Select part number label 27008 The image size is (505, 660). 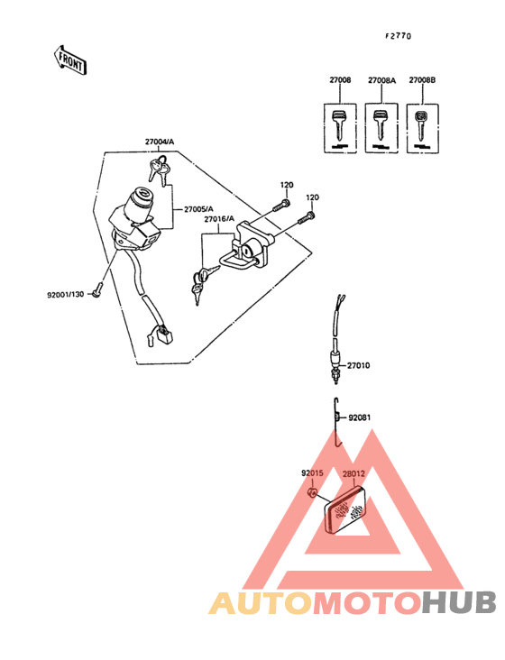[339, 81]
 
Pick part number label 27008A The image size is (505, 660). [381, 81]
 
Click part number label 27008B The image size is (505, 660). [422, 81]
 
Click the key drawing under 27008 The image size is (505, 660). [339, 126]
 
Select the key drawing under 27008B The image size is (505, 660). [421, 126]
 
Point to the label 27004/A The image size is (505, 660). [161, 142]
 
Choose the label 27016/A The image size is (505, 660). [218, 219]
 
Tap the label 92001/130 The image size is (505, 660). [65, 295]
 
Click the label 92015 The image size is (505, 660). [312, 471]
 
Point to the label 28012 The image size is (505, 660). [353, 471]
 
